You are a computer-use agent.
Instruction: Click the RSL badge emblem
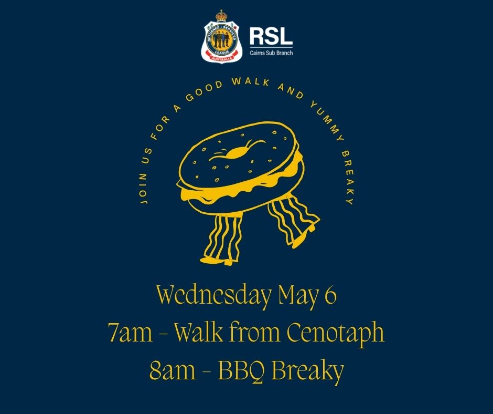221,37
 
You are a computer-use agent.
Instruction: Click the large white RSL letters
271,36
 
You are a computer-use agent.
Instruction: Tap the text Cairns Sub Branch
271,53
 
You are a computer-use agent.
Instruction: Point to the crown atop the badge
221,16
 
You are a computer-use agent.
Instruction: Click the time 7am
130,333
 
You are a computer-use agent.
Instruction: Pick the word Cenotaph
336,334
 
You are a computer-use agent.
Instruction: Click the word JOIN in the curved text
143,189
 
